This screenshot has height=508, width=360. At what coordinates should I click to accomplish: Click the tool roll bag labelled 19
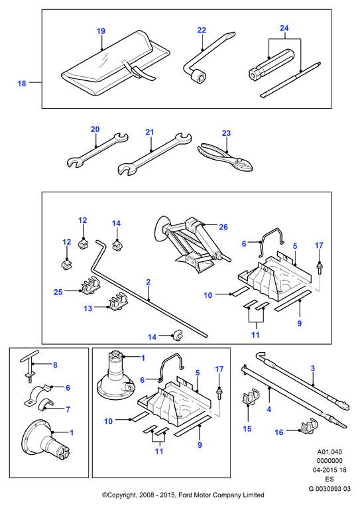115,64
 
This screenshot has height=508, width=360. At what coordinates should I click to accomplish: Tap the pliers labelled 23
225,157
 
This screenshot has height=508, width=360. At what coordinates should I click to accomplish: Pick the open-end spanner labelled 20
97,150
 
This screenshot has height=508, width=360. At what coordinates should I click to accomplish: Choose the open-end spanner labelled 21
154,155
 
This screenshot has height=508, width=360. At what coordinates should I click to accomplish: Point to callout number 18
22,84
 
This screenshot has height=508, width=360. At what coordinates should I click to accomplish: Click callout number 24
284,29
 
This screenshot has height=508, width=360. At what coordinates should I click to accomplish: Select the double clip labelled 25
90,285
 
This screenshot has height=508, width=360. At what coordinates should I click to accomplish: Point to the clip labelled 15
251,396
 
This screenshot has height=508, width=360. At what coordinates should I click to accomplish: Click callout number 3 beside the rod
312,368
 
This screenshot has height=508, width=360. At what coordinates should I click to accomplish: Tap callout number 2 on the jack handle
148,282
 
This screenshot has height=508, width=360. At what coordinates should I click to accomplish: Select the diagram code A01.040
330,452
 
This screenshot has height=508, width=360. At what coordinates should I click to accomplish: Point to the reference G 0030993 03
330,489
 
